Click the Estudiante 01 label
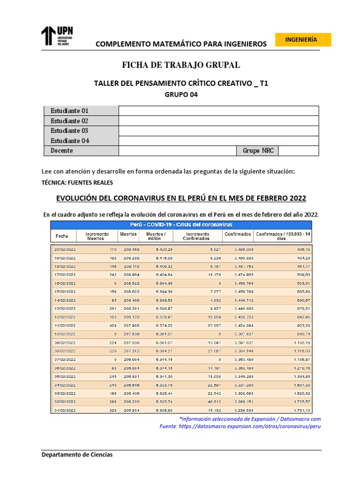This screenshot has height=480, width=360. (69, 111)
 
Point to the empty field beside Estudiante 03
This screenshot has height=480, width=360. (218, 131)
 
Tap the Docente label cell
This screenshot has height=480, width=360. (61, 150)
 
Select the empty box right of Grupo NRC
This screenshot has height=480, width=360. (298, 150)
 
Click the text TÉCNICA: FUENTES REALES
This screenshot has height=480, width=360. (77, 182)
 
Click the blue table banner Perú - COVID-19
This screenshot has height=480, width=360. (181, 224)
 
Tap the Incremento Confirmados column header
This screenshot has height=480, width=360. (197, 235)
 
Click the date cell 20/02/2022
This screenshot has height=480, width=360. (65, 249)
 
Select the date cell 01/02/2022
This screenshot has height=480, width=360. (65, 411)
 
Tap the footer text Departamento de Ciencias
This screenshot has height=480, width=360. (77, 455)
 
